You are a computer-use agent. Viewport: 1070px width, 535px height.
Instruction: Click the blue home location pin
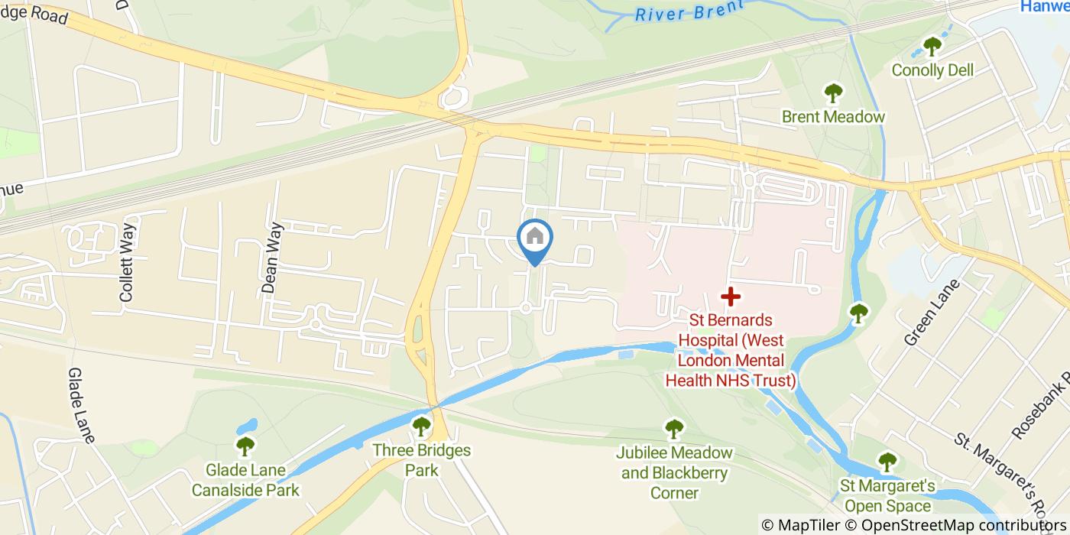point(535,238)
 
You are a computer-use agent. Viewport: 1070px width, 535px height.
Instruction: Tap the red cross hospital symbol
point(731,295)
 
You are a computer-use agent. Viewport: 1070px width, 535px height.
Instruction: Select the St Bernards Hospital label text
point(731,350)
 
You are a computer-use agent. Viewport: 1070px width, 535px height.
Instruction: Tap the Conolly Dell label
point(932,70)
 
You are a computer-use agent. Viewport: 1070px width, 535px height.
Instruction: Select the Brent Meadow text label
point(833,117)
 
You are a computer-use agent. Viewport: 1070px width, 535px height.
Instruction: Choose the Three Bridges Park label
point(421,460)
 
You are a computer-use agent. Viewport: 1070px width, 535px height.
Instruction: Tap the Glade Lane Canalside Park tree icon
point(245,446)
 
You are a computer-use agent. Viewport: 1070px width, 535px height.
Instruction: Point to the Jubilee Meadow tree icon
point(673,429)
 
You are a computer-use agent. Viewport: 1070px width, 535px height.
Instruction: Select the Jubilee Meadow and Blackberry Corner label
point(674,472)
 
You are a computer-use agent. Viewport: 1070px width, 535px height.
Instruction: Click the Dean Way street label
point(271,258)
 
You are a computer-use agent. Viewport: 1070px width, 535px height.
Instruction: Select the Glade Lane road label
point(81,405)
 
